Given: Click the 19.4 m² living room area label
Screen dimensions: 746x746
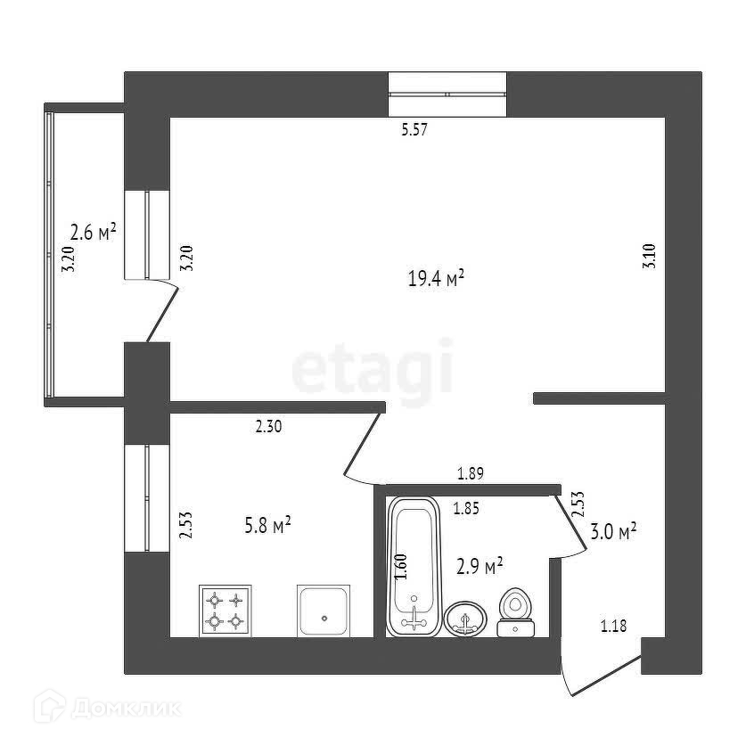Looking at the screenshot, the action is (x=436, y=280).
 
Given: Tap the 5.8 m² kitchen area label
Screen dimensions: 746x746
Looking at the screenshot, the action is (x=267, y=527).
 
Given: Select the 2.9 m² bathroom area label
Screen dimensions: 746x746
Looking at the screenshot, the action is (x=480, y=566).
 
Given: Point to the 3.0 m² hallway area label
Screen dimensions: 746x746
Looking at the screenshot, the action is (x=612, y=533).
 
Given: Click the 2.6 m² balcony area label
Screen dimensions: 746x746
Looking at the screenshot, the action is (x=94, y=234).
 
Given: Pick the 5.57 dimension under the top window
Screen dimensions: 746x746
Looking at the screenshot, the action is (x=415, y=130).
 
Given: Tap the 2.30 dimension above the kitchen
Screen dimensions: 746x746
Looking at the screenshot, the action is (x=268, y=428).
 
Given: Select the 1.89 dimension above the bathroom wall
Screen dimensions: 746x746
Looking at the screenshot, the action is (x=470, y=473).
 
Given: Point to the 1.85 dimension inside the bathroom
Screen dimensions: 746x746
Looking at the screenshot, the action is (x=467, y=509).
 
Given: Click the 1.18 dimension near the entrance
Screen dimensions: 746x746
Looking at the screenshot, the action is (x=613, y=627).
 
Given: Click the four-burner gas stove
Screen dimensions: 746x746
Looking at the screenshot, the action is (x=225, y=611).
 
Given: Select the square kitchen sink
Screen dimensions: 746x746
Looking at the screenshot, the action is (x=324, y=611).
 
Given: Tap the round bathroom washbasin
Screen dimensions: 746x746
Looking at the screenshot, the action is (x=465, y=618).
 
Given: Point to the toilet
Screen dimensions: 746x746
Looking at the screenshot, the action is (x=514, y=613).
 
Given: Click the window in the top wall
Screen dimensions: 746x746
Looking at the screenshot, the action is (x=447, y=94).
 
